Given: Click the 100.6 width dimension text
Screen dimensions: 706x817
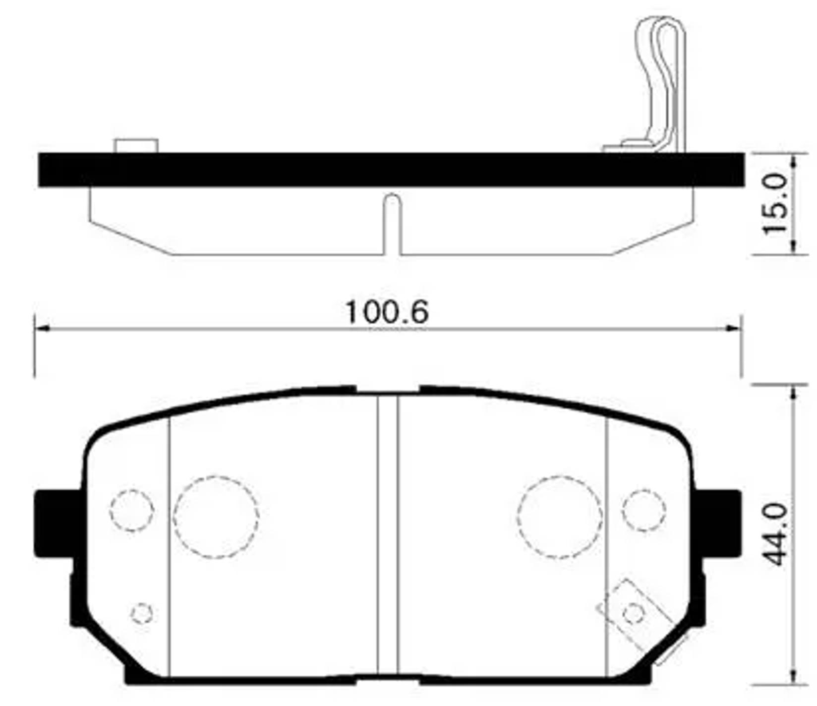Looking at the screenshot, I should (386, 312).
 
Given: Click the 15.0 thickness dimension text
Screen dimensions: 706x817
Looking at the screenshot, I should (775, 204).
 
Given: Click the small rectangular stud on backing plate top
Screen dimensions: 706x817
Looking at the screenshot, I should (136, 146).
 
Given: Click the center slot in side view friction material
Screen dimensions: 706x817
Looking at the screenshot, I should (392, 223).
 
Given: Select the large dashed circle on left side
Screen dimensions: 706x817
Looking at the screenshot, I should (216, 517).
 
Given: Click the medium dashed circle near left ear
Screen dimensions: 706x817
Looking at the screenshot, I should (131, 511).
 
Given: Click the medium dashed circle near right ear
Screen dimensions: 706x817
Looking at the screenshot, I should (643, 511).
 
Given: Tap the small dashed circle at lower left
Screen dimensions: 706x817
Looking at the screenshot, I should (142, 614).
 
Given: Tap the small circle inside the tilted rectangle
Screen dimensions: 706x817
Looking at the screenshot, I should (633, 614).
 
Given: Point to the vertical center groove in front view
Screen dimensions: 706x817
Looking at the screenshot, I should (388, 535).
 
